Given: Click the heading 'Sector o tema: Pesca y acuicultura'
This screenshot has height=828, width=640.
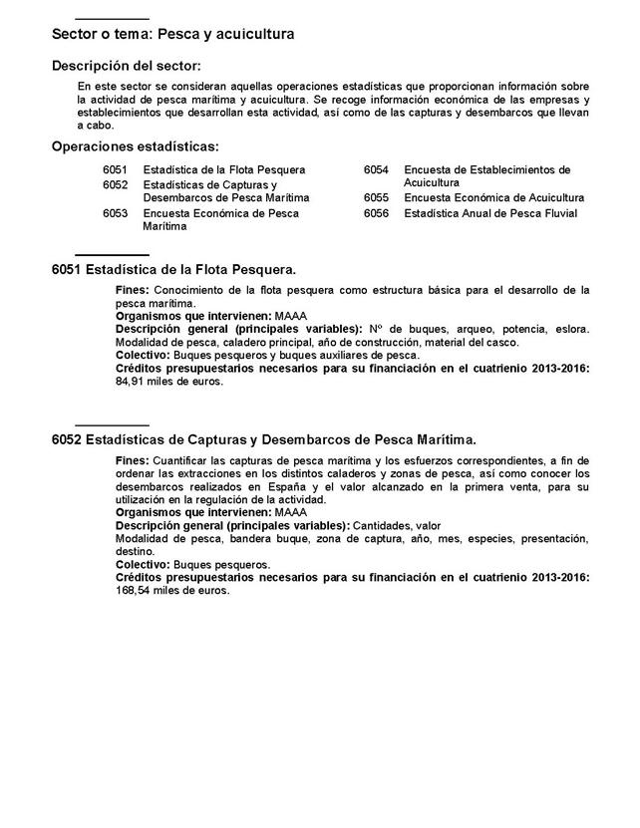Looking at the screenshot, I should point(172,35).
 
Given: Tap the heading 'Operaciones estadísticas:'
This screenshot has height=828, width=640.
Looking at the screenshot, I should point(135,146).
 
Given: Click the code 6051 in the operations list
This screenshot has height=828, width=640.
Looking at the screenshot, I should point(116,170).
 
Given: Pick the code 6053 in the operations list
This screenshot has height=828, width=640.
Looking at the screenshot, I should point(116,213).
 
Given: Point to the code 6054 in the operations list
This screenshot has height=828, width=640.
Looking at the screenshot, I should point(376,170).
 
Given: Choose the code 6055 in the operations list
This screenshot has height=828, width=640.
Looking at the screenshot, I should point(376,198).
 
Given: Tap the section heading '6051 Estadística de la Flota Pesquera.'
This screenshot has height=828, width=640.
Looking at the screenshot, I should point(173,270).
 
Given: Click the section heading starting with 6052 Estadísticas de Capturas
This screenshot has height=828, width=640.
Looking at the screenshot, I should point(264,438).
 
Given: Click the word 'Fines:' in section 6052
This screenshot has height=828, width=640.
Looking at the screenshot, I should point(133,460).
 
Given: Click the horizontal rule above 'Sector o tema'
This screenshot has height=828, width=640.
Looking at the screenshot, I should point(112,19).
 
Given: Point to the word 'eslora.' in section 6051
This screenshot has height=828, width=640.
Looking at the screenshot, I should point(570,329).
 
